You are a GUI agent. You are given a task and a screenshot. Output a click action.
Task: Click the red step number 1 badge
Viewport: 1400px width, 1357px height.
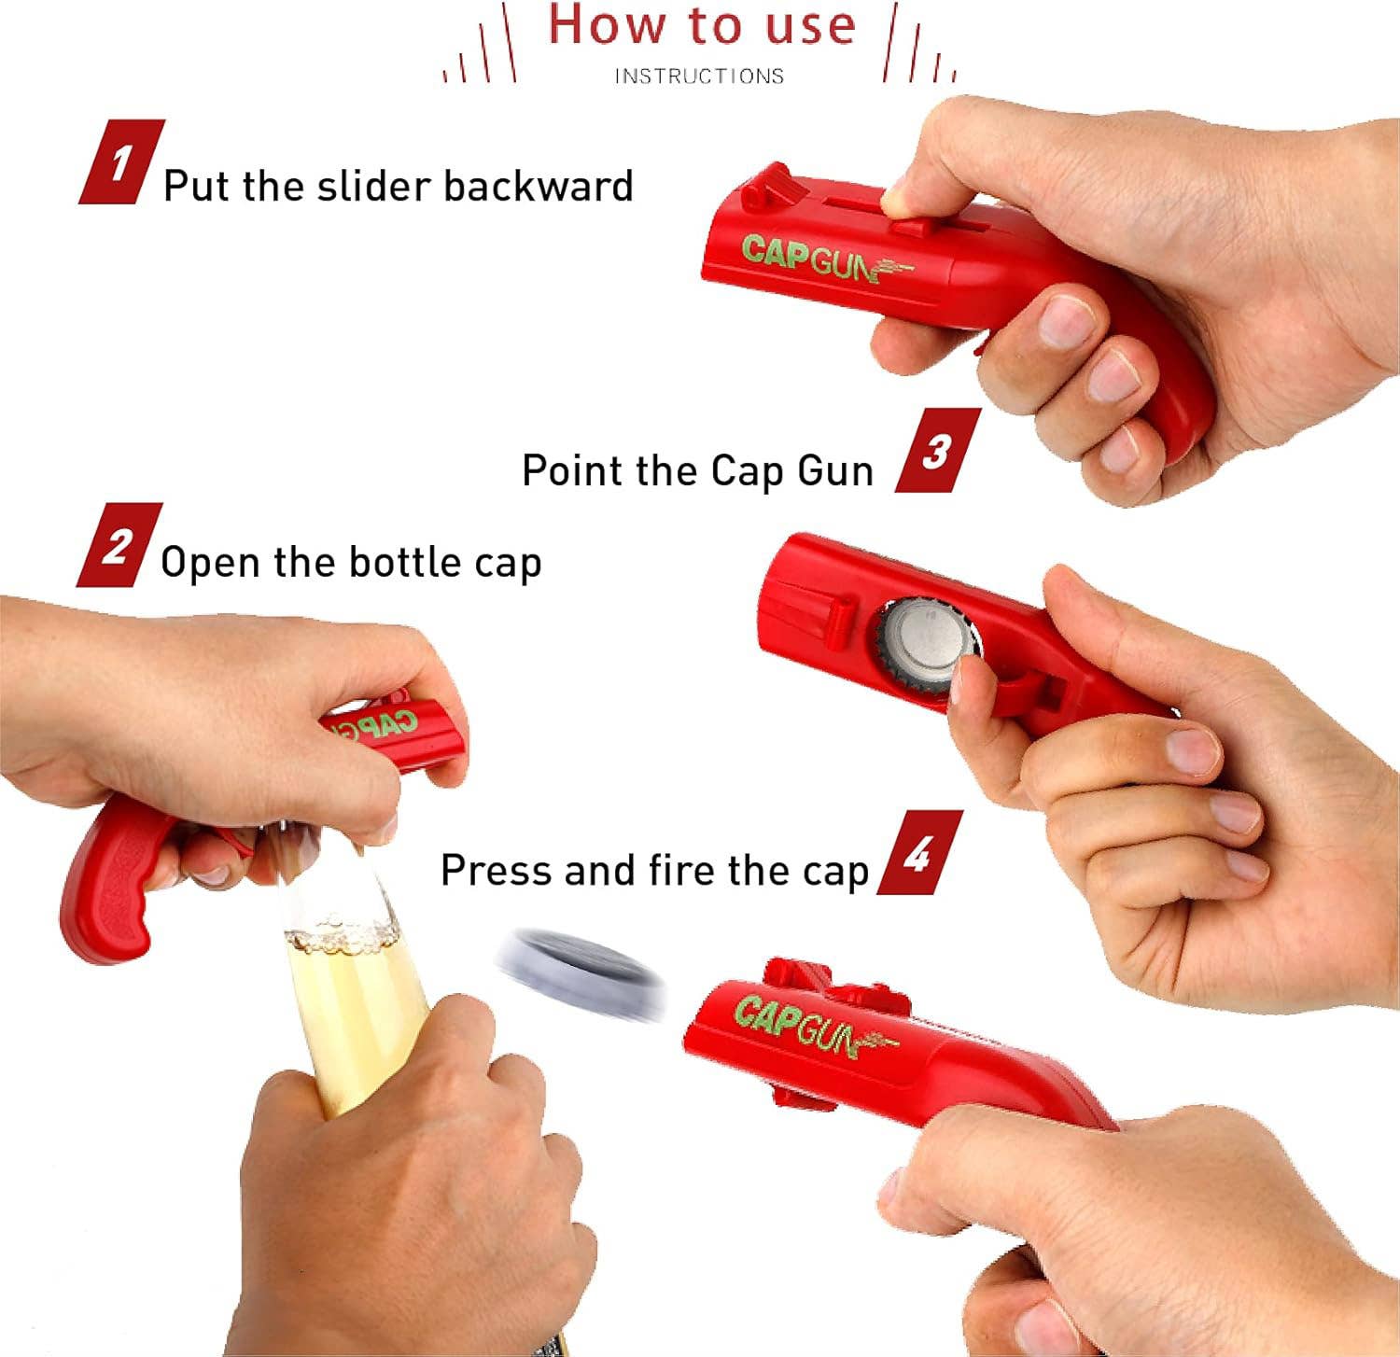click(121, 162)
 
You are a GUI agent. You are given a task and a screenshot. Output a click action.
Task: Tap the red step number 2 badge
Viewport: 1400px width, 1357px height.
click(119, 545)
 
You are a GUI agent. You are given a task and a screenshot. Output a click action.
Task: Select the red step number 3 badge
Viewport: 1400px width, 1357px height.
click(937, 451)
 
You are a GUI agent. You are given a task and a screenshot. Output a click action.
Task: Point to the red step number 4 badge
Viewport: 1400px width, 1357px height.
click(919, 853)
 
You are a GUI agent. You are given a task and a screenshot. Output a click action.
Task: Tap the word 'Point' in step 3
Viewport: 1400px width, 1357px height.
click(572, 470)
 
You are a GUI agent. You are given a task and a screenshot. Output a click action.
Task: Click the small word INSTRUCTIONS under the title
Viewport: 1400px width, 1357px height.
click(699, 77)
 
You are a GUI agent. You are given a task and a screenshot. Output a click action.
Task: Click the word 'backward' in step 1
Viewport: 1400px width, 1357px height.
click(538, 186)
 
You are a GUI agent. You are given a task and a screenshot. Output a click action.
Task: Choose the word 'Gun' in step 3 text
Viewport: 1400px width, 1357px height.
click(834, 470)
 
